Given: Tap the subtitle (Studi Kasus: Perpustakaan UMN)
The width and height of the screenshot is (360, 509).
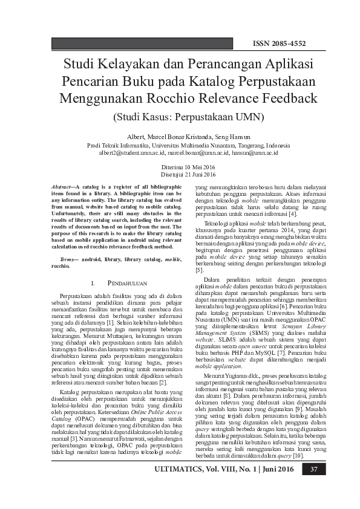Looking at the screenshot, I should pyautogui.click(x=180, y=115).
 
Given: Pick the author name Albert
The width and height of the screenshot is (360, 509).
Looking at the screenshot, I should pyautogui.click(x=137, y=137).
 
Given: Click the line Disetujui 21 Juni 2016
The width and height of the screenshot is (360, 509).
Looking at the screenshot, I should pyautogui.click(x=180, y=173).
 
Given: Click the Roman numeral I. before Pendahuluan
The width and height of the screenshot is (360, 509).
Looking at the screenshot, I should pyautogui.click(x=93, y=283).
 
